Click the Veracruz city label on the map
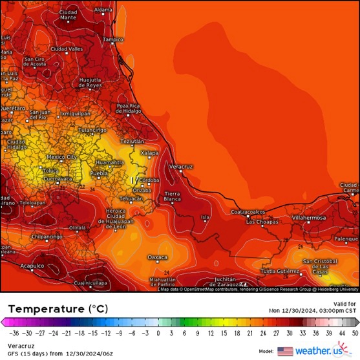pyautogui.click(x=181, y=167)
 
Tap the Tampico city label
pyautogui.click(x=112, y=39)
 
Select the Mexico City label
pyautogui.click(x=62, y=157)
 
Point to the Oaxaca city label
pyautogui.click(x=157, y=257)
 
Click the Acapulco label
pyautogui.click(x=32, y=266)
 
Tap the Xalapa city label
pyautogui.click(x=149, y=153)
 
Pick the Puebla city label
pyautogui.click(x=98, y=174)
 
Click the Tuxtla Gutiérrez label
pyautogui.click(x=281, y=271)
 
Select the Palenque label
pyautogui.click(x=344, y=238)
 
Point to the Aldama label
pyautogui.click(x=103, y=10)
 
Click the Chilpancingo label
pyautogui.click(x=47, y=237)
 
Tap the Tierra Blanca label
pyautogui.click(x=173, y=196)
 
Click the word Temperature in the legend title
pyautogui.click(x=45, y=310)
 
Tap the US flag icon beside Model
pyautogui.click(x=284, y=351)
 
